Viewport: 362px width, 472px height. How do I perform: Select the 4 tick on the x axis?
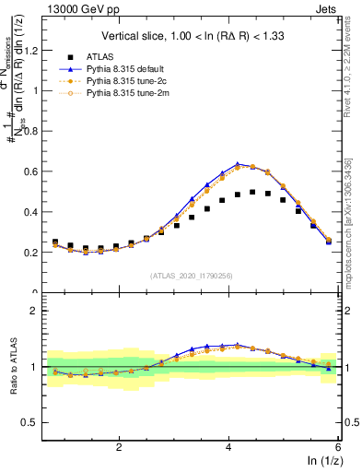coord(228,446)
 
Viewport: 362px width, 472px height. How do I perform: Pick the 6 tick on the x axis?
coord(338,446)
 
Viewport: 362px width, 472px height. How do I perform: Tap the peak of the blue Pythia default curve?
coord(238,164)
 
